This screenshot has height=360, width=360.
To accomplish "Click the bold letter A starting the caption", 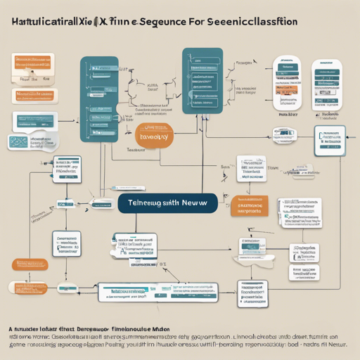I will (x=12, y=328).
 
